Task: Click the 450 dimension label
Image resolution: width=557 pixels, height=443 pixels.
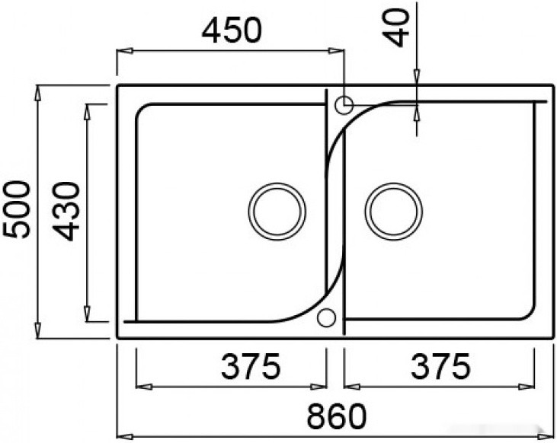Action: [x=231, y=30]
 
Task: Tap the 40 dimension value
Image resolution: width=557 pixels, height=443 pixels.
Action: [x=395, y=27]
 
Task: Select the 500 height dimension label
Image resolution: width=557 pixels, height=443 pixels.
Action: [x=16, y=209]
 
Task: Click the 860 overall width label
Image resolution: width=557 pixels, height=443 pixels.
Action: [x=336, y=416]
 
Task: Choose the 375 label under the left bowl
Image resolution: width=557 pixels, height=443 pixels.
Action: [x=251, y=365]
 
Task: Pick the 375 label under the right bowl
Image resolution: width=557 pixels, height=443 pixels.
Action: [x=440, y=365]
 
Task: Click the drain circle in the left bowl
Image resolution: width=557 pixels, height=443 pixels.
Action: [x=277, y=212]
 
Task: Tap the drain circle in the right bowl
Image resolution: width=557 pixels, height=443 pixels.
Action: [x=394, y=212]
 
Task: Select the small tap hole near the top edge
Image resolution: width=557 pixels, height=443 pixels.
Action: [x=344, y=105]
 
